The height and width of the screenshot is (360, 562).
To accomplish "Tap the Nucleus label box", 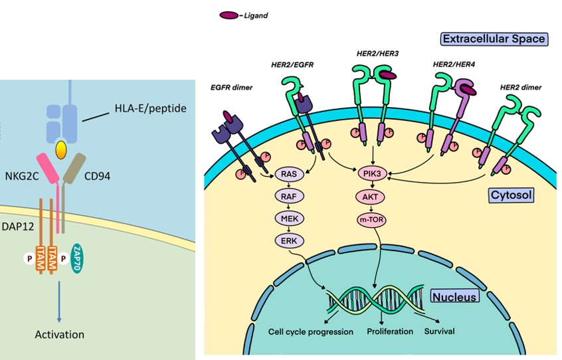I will tap(454, 297).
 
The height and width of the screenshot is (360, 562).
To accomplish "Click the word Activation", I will tap(60, 334).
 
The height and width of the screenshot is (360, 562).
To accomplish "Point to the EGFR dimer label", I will tap(226, 88).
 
